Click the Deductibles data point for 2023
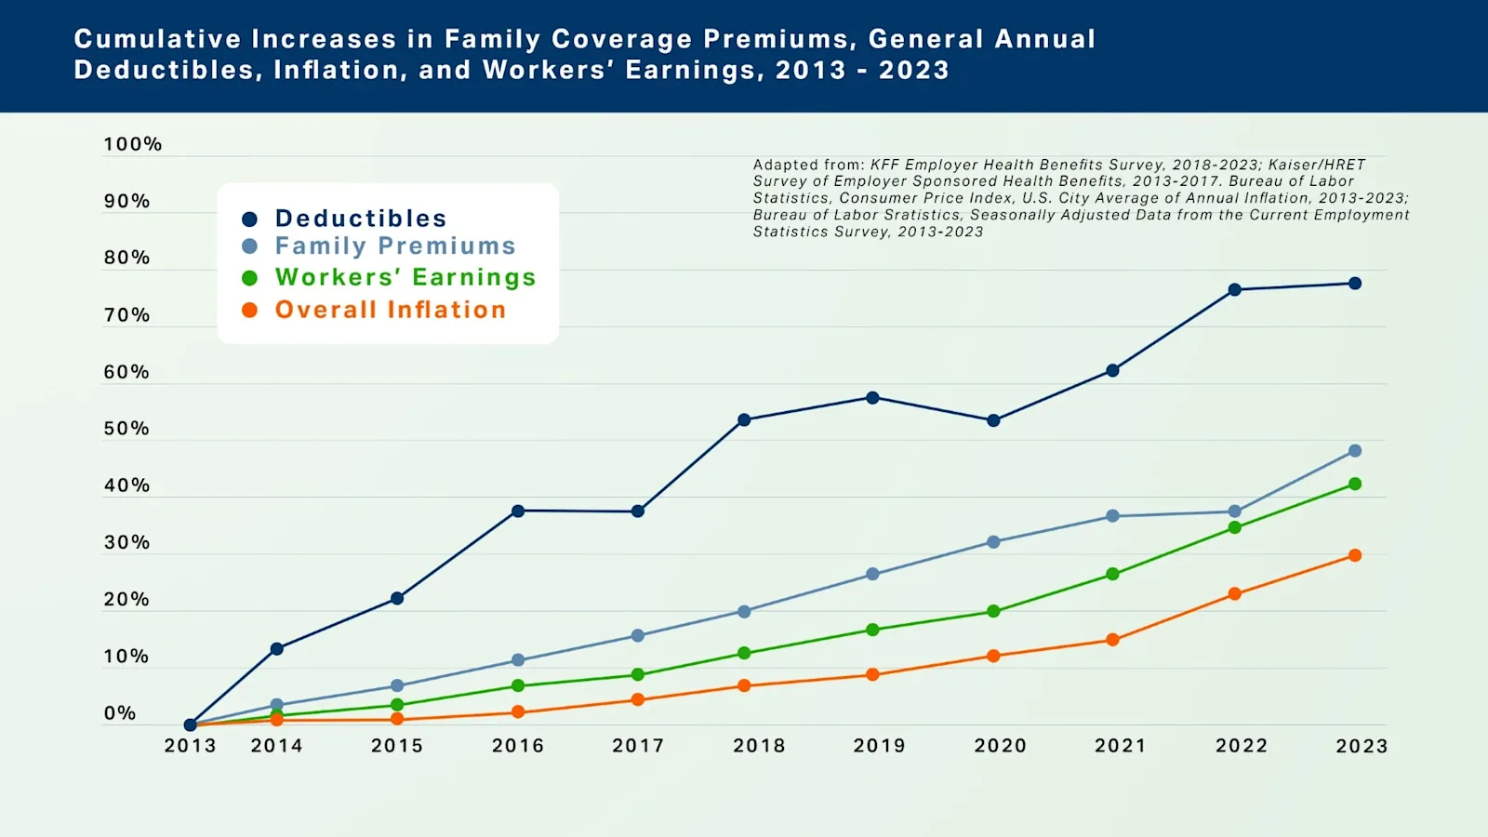coord(1354,284)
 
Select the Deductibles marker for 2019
coord(872,398)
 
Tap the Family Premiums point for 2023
coord(1354,451)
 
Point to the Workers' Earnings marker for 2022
coord(1234,527)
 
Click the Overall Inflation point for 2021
coord(1112,640)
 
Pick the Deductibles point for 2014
coord(276,649)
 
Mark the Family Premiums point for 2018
coord(744,612)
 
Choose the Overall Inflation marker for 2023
coord(1354,555)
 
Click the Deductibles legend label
coord(361,219)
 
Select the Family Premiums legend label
coord(395,246)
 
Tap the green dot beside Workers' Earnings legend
coord(249,278)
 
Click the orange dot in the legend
coord(249,310)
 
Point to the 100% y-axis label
coord(132,144)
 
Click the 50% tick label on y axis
coord(126,429)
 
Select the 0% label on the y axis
coord(120,713)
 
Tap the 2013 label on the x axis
coord(190,746)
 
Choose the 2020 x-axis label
coord(1000,746)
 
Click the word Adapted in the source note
coord(779,165)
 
